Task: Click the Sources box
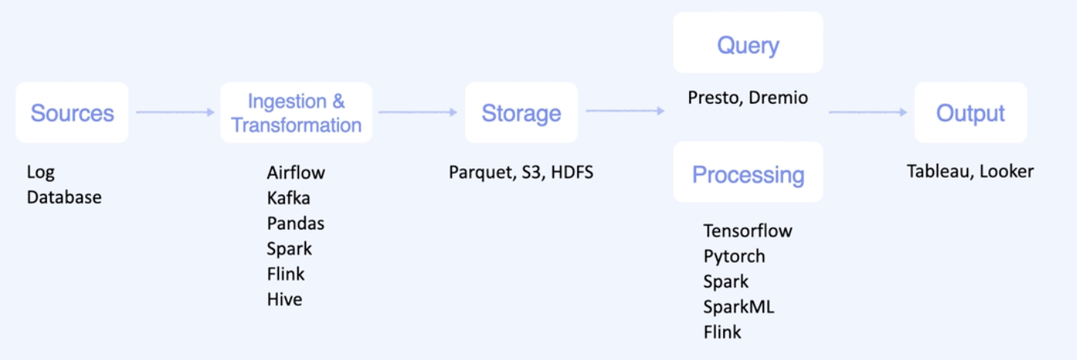tap(72, 113)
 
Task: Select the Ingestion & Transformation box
tap(296, 113)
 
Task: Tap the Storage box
tap(521, 113)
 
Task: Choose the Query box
tap(747, 45)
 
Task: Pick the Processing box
tap(747, 174)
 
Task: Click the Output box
tap(970, 113)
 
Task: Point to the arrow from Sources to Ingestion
tap(175, 113)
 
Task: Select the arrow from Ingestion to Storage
tap(418, 113)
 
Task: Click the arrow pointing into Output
tap(868, 113)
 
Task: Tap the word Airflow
tap(296, 172)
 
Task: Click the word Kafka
tap(288, 198)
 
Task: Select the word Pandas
tap(295, 223)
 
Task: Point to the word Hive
tap(284, 299)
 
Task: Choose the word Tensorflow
tap(747, 231)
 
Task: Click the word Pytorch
tap(734, 256)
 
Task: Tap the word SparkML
tap(738, 307)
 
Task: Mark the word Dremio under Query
tap(778, 98)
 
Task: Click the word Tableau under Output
tap(938, 172)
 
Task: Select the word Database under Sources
tap(64, 198)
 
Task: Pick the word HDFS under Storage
tap(572, 172)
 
